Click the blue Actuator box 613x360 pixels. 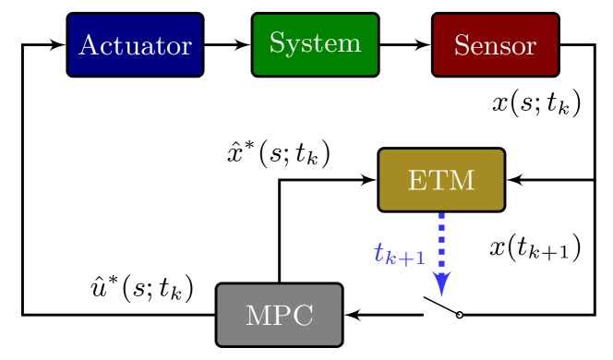coord(135,44)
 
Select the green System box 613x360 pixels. coord(315,44)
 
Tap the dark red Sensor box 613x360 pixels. coord(495,44)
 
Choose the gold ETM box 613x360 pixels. coord(441,180)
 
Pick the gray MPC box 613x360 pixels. coord(279,315)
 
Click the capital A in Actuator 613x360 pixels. coord(89,45)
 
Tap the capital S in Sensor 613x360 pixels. coord(461,46)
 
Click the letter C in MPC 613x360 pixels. coord(304,316)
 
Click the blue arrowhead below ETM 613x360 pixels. coord(441,282)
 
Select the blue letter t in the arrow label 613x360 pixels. coord(379,252)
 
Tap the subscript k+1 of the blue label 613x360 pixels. coord(405,258)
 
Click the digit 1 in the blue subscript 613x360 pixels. coord(420,258)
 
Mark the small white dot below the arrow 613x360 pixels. coord(459,316)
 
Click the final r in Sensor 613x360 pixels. coord(531,47)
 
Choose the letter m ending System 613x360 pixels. coord(350,44)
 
